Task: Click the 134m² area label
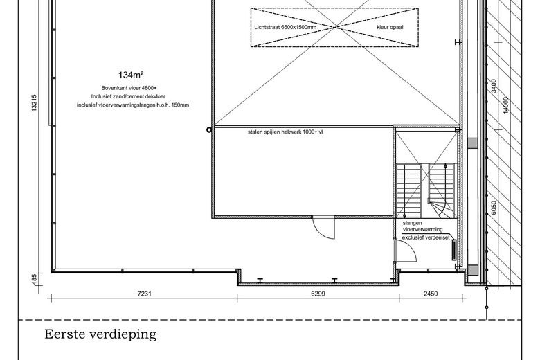pos(131,75)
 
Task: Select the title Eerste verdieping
pos(100,335)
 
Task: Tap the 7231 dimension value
pos(143,294)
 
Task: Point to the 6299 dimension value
pos(318,294)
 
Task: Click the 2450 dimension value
pos(430,294)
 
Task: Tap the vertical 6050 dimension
pos(494,209)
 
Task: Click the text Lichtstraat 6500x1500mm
pos(285,28)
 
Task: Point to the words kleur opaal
pos(390,28)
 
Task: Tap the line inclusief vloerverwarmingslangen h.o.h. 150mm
pos(133,105)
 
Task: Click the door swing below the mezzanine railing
pos(323,226)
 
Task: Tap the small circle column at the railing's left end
pos(209,129)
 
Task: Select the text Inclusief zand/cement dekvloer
pos(130,96)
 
